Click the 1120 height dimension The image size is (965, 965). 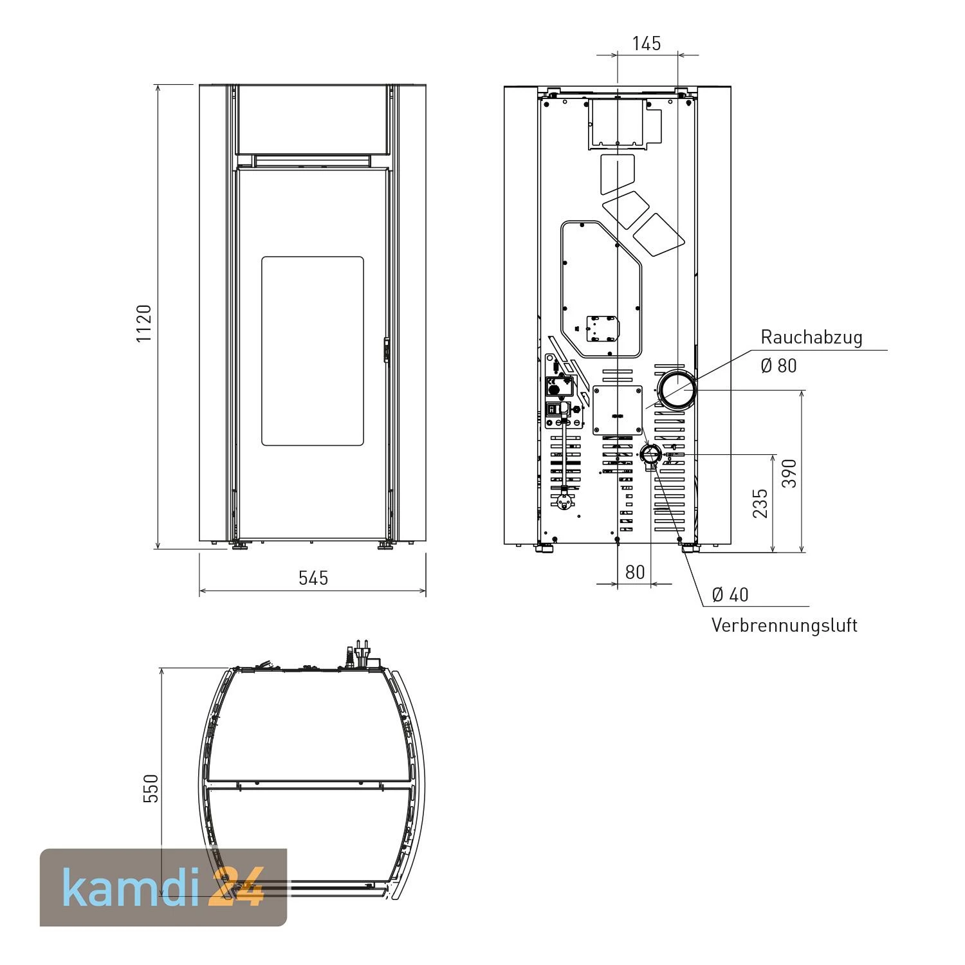(x=144, y=323)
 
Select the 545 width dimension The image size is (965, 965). (x=313, y=578)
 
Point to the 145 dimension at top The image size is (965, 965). (x=647, y=43)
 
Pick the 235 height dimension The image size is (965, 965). (x=760, y=503)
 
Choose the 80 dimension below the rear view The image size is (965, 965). (x=635, y=572)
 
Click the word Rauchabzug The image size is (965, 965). (x=811, y=337)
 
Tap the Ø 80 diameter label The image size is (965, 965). (x=778, y=365)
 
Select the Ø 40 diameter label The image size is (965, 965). (x=730, y=594)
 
